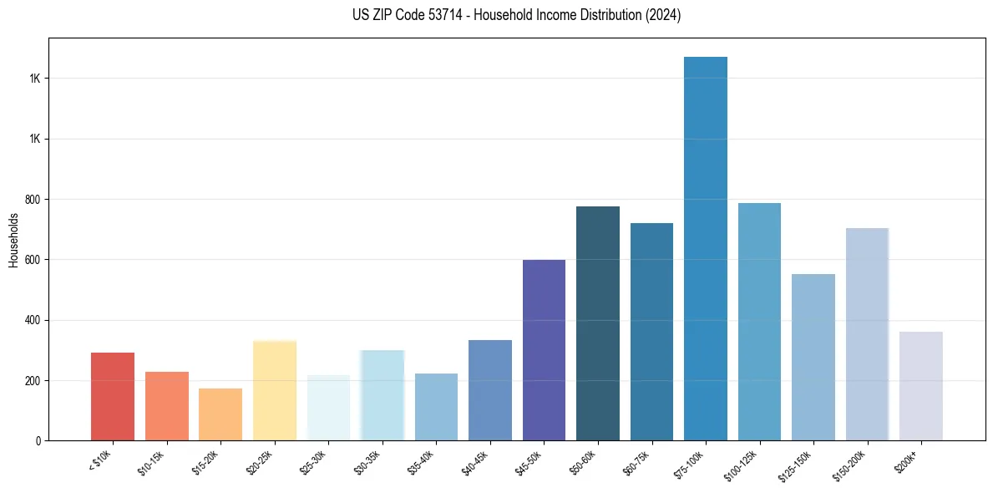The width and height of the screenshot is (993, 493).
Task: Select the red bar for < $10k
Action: (x=113, y=396)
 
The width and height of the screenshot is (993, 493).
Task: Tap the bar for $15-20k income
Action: (x=220, y=414)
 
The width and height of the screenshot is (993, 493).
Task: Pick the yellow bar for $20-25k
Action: (x=274, y=390)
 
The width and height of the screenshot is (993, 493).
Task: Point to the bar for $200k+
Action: (x=920, y=385)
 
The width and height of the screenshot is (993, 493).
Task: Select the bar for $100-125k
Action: (x=759, y=321)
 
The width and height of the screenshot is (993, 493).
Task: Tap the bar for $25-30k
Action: (x=328, y=407)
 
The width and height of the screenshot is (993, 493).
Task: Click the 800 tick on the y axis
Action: (x=33, y=200)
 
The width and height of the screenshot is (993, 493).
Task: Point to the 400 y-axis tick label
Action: (x=33, y=320)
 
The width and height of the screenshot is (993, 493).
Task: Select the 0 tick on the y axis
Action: (x=38, y=440)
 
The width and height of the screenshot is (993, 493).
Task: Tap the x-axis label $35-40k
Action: (x=421, y=462)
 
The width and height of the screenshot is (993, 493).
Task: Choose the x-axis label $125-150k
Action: (x=797, y=464)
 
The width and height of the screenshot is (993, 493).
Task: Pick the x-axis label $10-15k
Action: (x=151, y=462)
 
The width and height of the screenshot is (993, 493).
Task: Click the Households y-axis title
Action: (x=13, y=240)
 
